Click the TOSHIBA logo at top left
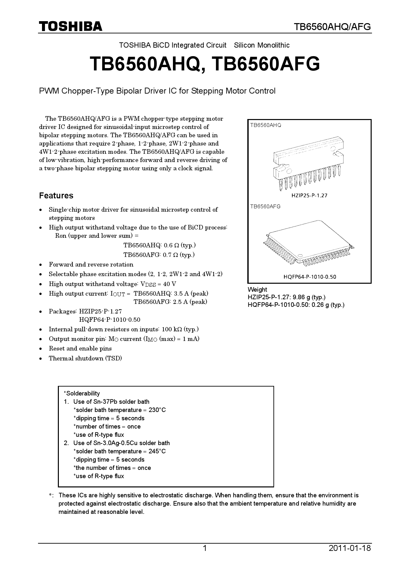coord(71,26)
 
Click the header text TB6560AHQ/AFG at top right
coord(333,27)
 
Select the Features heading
coord(56,195)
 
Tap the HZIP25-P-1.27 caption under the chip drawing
coord(309,195)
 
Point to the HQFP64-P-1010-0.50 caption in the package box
coord(309,277)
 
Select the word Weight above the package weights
coord(257,289)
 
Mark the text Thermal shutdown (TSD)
coord(85,358)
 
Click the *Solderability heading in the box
coord(82,393)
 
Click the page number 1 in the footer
coord(205,548)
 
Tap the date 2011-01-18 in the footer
coord(350,548)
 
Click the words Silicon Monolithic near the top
coord(262,45)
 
